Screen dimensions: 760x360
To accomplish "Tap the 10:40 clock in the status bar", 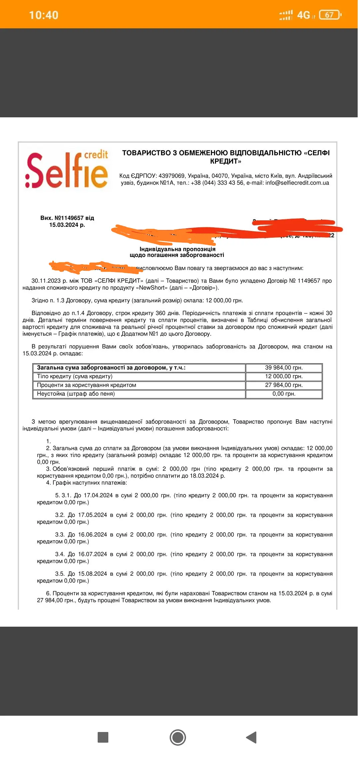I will click(44, 15).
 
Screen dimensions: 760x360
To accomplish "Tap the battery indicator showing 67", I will click(330, 15).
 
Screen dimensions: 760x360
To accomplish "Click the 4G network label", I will click(303, 15).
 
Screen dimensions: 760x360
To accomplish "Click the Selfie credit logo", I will click(67, 170).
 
